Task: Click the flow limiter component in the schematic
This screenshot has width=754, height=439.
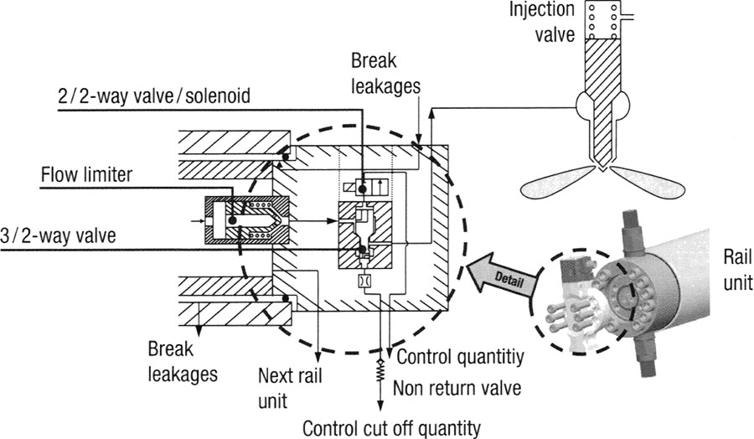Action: coord(248,220)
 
